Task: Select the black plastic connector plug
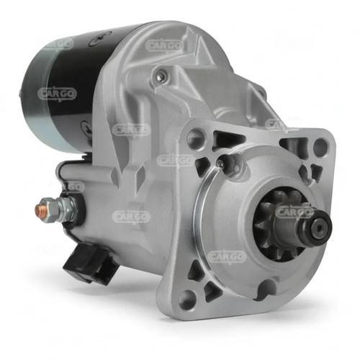pyautogui.click(x=90, y=264)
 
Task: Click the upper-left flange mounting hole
pyautogui.click(x=197, y=138)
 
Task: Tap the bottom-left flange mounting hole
pyautogui.click(x=187, y=300)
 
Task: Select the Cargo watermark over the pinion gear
pyautogui.click(x=294, y=212)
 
